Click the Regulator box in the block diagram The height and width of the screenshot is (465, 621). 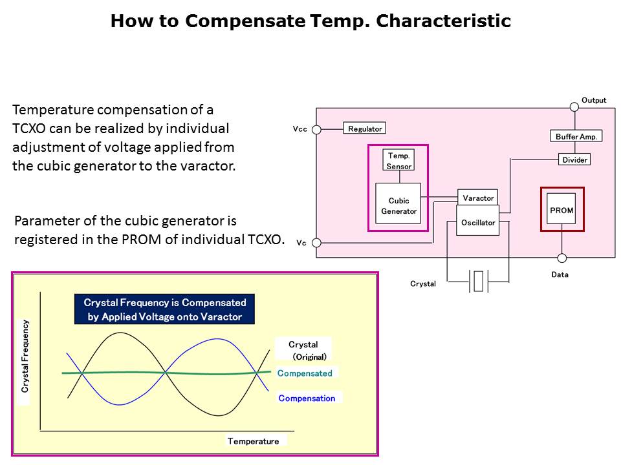pos(365,129)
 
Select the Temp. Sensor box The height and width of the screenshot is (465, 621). pos(398,160)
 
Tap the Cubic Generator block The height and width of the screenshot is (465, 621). pos(398,205)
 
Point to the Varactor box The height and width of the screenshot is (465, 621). pos(478,198)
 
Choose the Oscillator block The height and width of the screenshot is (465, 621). pos(478,222)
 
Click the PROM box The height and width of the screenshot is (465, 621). pos(561,210)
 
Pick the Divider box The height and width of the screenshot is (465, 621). pos(574,160)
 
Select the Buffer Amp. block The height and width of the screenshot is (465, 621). pos(576,136)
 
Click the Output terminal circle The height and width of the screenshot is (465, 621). pos(573,106)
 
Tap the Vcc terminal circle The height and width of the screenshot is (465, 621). pos(317,129)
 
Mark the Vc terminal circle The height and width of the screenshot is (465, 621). pos(317,243)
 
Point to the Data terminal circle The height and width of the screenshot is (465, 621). pos(561,258)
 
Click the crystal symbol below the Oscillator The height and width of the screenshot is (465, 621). pos(478,282)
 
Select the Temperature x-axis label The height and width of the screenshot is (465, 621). pos(254,441)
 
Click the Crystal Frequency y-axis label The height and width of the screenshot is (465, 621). pos(25,356)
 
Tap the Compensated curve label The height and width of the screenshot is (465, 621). pos(305,373)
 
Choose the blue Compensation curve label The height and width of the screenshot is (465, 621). pos(307,398)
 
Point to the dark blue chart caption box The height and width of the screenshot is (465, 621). pos(165,309)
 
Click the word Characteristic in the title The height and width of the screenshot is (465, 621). pos(443,21)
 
